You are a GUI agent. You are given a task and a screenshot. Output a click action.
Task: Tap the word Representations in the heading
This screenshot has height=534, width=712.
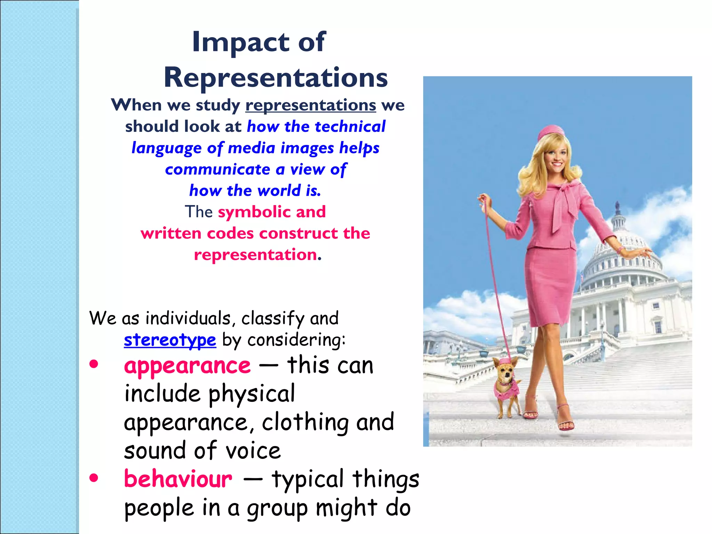pos(275,78)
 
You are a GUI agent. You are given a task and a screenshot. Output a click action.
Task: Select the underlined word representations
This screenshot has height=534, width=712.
pos(310,105)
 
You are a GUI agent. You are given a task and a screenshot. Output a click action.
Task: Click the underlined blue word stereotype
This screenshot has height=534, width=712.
pos(170,340)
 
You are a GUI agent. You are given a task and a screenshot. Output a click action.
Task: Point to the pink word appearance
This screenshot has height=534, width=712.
pos(187,366)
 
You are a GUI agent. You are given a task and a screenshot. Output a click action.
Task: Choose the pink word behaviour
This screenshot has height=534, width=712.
pos(178,479)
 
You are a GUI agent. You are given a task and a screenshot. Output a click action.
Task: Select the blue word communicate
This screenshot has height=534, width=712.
pos(218,169)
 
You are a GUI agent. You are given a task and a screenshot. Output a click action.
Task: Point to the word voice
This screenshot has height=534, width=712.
pos(253,451)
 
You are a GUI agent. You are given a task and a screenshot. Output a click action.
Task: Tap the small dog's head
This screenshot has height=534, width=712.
pos(505,369)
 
